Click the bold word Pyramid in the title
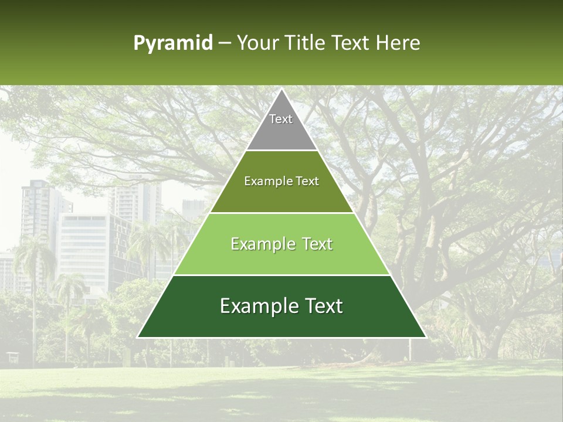click(x=172, y=43)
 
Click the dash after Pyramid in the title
click(x=225, y=44)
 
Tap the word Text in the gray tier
click(x=281, y=119)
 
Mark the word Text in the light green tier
click(x=317, y=244)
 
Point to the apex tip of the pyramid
click(x=281, y=90)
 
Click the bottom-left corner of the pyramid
click(x=138, y=337)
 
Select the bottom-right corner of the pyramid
click(x=425, y=337)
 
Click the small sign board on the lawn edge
click(x=12, y=356)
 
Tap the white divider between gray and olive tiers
click(x=281, y=151)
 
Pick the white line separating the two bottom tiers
click(x=281, y=275)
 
